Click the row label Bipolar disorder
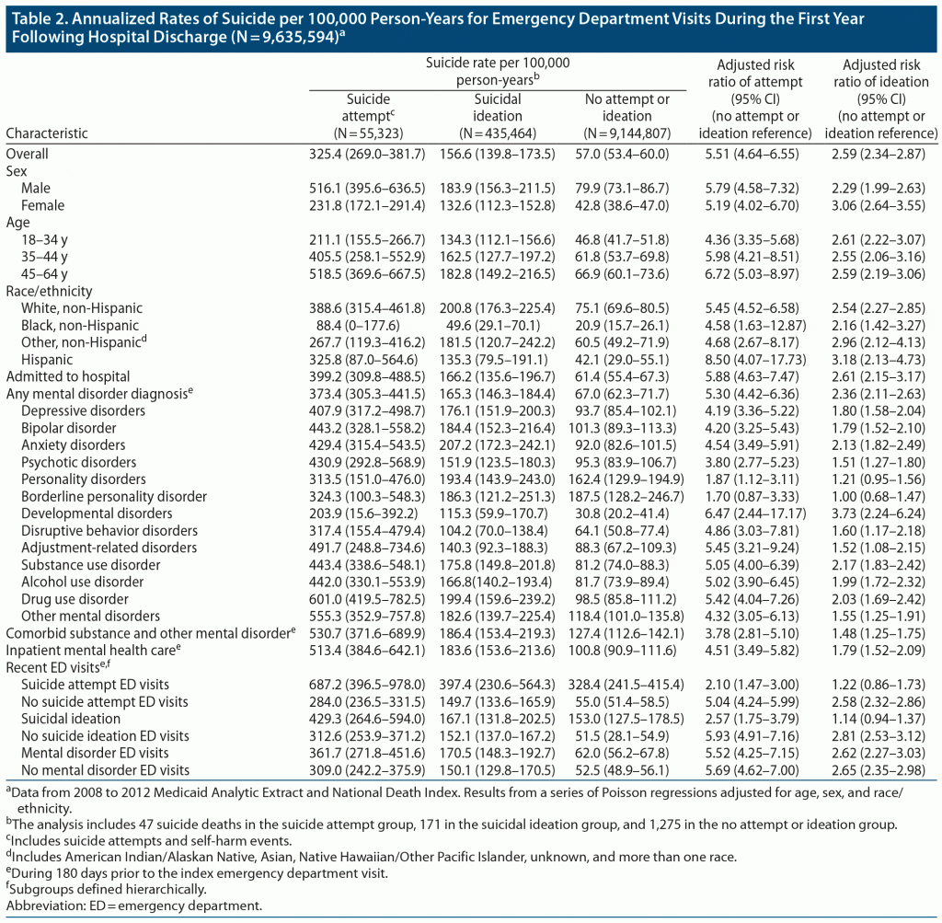pyautogui.click(x=69, y=428)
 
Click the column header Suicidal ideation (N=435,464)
pyautogui.click(x=497, y=116)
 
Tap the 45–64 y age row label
pyautogui.click(x=44, y=273)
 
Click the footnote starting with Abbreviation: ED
pyautogui.click(x=134, y=906)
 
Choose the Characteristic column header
pyautogui.click(x=47, y=133)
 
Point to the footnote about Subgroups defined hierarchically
pyautogui.click(x=106, y=890)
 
